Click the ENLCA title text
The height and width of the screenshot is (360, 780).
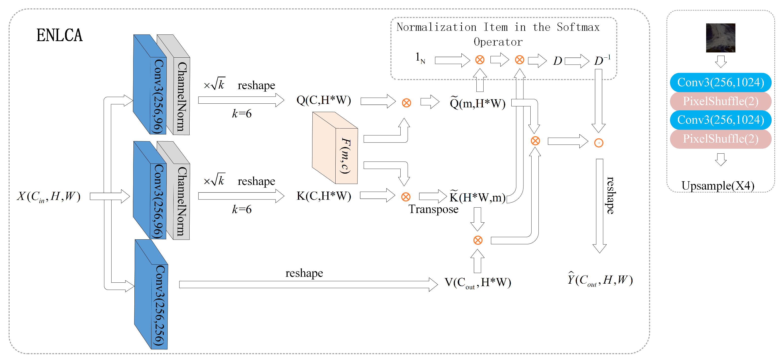[59, 35]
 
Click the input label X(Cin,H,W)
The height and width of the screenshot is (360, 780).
[49, 196]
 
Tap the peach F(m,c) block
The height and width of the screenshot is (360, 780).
[335, 148]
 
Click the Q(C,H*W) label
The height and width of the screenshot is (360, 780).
[323, 100]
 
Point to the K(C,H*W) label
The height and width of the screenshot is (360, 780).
[323, 196]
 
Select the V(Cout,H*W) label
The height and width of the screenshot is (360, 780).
[477, 282]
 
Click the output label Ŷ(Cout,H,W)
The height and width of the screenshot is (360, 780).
[600, 280]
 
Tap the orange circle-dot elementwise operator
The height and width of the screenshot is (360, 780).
[599, 143]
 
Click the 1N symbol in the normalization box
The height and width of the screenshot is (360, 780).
[420, 58]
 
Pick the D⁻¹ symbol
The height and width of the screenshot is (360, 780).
[602, 60]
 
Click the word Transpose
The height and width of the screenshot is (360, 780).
[433, 209]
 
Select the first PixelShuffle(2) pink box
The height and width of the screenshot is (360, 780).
[720, 101]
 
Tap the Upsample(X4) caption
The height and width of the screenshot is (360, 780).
[718, 186]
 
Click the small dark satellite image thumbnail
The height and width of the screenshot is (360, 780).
[720, 38]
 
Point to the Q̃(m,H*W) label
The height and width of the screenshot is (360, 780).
[477, 103]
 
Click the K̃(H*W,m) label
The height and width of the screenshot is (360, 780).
[477, 197]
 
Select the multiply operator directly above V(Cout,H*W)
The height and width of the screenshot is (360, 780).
[477, 240]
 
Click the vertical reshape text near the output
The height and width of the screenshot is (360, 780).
[610, 195]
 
